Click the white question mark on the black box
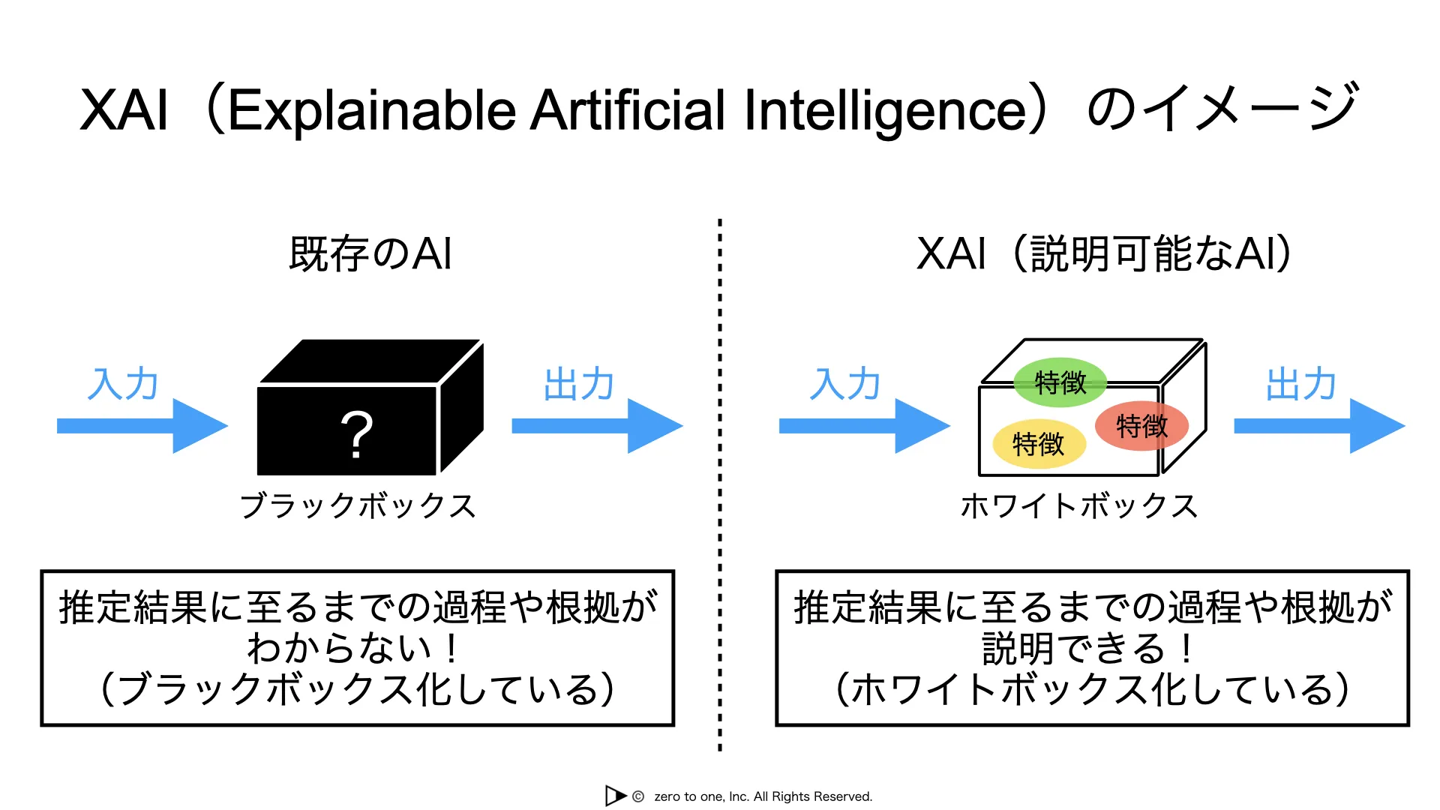[x=357, y=434]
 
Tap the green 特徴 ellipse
[x=1060, y=382]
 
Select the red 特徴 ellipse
[x=1141, y=426]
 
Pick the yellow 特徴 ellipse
[x=1039, y=444]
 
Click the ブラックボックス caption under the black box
[x=358, y=505]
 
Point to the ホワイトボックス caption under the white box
[x=1079, y=505]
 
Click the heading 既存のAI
[x=370, y=253]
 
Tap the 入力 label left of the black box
[x=123, y=384]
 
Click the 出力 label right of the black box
[x=579, y=384]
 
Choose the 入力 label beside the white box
[x=845, y=384]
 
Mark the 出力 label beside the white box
[x=1301, y=384]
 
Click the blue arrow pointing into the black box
[x=142, y=426]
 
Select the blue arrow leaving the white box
[x=1319, y=426]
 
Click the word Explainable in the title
[x=372, y=110]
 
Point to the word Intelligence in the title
[x=885, y=110]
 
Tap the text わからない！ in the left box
[x=352, y=649]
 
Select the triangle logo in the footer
[x=615, y=796]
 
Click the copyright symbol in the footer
[x=638, y=796]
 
